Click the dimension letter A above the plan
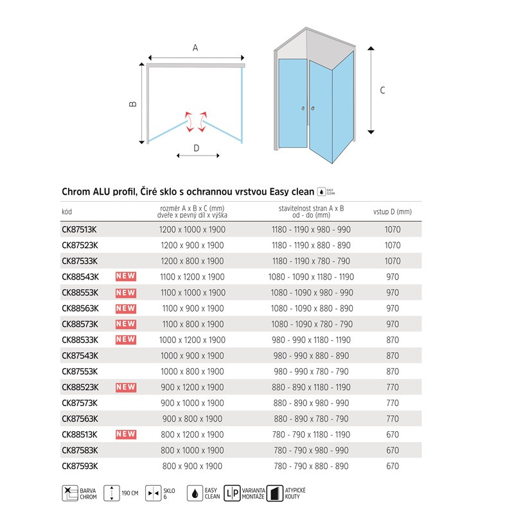(195, 47)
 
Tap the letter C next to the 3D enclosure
(383, 91)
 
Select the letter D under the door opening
(196, 147)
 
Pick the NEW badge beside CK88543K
(125, 277)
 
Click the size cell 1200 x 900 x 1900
(192, 245)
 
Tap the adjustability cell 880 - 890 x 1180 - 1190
(311, 387)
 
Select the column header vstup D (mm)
(392, 211)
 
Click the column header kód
(67, 211)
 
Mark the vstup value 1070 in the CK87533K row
(392, 261)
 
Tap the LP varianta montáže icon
(233, 493)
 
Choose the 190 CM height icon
(113, 493)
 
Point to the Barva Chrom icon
(69, 493)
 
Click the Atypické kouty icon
(275, 493)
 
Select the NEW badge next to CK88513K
(125, 434)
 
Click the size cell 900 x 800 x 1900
(192, 419)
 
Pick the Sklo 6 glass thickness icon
(154, 493)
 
